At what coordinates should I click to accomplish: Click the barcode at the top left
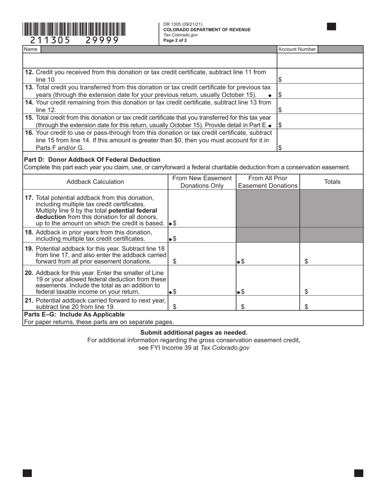[x=74, y=30]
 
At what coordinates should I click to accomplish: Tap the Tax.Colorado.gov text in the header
[x=180, y=35]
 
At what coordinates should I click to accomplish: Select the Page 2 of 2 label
[x=175, y=40]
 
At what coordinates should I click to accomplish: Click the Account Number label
[x=297, y=49]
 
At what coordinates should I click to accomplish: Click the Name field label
[x=30, y=49]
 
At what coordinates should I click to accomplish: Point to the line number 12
[x=29, y=72]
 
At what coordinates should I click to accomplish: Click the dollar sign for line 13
[x=280, y=95]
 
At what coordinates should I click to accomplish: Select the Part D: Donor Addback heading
[x=92, y=159]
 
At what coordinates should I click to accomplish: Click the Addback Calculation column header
[x=95, y=182]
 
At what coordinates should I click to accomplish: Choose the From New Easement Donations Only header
[x=202, y=182]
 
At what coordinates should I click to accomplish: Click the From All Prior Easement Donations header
[x=268, y=182]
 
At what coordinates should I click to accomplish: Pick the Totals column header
[x=332, y=182]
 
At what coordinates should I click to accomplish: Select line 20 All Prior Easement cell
[x=268, y=291]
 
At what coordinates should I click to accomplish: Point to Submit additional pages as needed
[x=194, y=332]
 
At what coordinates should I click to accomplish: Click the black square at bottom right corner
[x=358, y=473]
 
